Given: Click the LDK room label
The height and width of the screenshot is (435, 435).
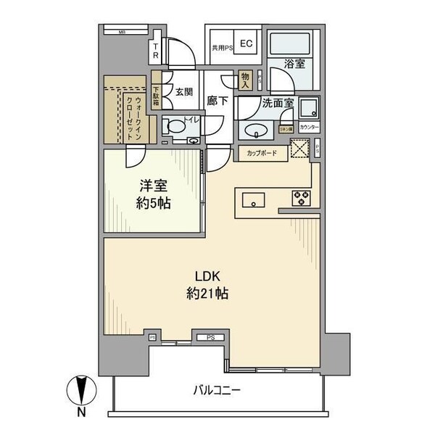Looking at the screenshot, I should (x=202, y=275).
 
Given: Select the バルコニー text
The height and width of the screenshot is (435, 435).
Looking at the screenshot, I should (x=217, y=390).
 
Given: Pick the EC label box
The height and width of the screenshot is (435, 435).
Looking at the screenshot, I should (x=246, y=43).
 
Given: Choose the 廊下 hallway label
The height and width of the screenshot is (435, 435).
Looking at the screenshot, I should (x=217, y=101).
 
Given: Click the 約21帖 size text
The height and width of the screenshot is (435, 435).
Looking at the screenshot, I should (x=202, y=294).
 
